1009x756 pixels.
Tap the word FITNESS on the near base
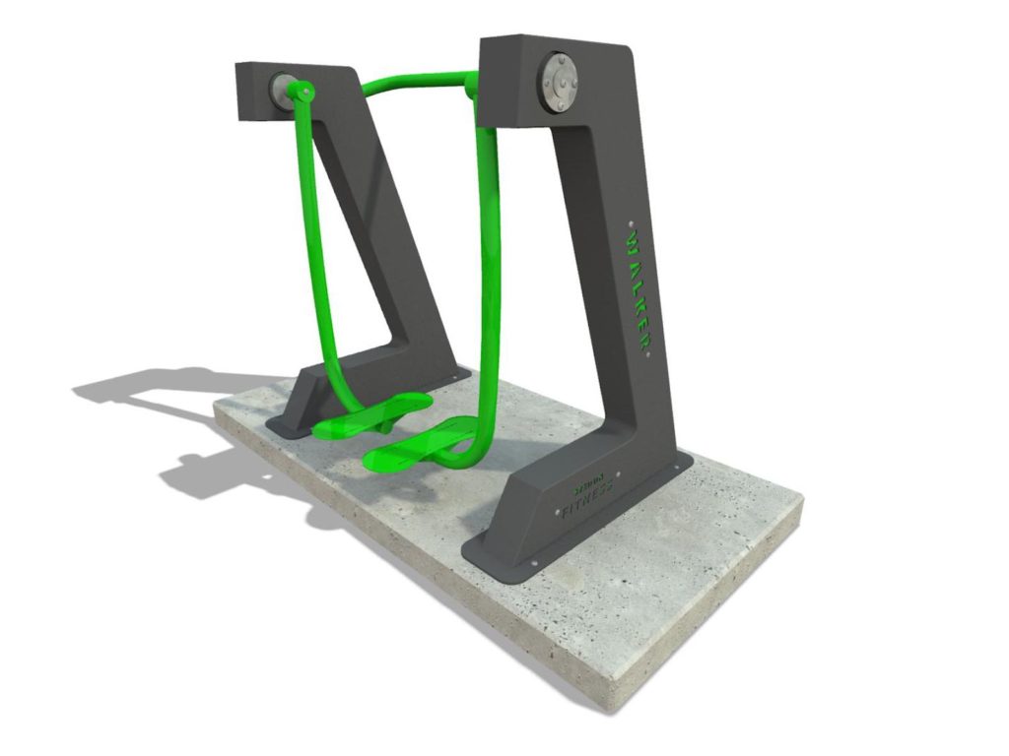click(588, 501)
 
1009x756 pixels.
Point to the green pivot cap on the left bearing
click(303, 94)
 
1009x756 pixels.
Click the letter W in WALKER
click(632, 239)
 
